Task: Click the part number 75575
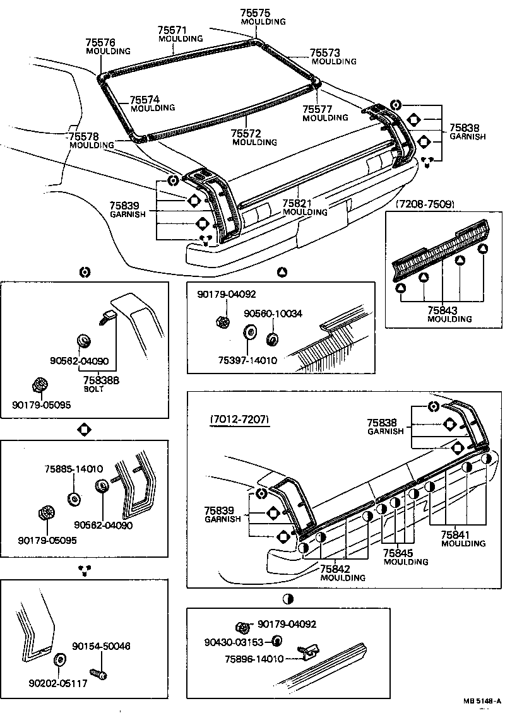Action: pyautogui.click(x=255, y=13)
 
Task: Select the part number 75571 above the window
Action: pyautogui.click(x=172, y=30)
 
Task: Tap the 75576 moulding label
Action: pyautogui.click(x=100, y=42)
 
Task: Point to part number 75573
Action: pyautogui.click(x=325, y=53)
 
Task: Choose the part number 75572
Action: pyautogui.click(x=246, y=134)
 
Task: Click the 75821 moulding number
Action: pyautogui.click(x=297, y=203)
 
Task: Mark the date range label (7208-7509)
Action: pyautogui.click(x=425, y=204)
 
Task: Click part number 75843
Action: pyautogui.click(x=443, y=310)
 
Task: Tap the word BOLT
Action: pyautogui.click(x=93, y=389)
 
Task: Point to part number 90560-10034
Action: pyautogui.click(x=273, y=314)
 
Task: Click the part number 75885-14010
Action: pyautogui.click(x=73, y=469)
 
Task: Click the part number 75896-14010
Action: pyautogui.click(x=253, y=659)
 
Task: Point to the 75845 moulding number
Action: pyautogui.click(x=398, y=553)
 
